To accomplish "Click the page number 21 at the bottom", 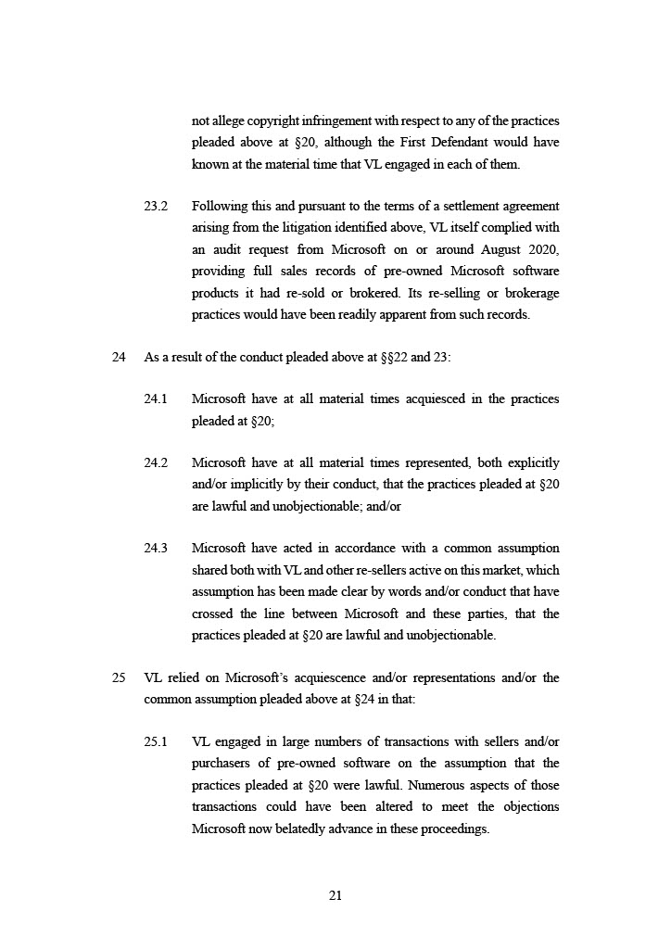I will pyautogui.click(x=335, y=895).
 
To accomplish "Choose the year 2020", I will pyautogui.click(x=543, y=249).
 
